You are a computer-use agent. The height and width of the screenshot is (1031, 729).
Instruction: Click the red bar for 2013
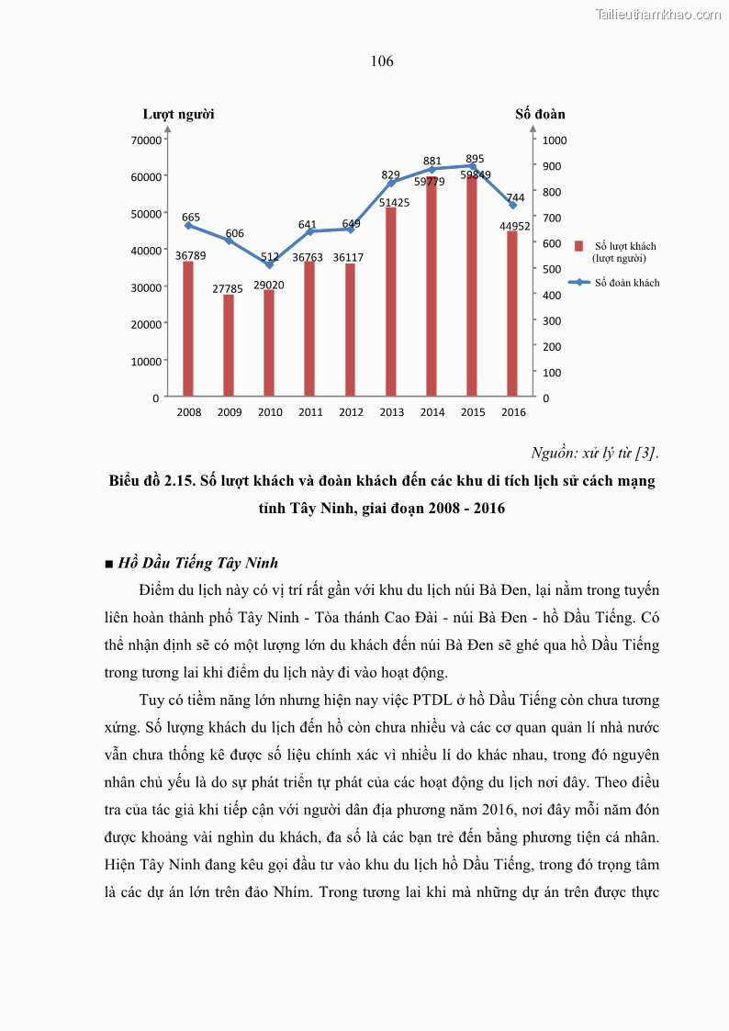[391, 303]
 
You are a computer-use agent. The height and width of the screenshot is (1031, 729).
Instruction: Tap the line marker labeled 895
[473, 166]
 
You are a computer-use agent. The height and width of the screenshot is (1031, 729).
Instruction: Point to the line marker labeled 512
[269, 264]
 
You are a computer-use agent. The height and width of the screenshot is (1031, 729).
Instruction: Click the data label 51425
[395, 202]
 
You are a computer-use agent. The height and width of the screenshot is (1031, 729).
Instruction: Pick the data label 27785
[228, 288]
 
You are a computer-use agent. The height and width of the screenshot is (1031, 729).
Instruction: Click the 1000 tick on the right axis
[555, 140]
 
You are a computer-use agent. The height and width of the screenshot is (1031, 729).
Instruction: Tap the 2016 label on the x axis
[513, 412]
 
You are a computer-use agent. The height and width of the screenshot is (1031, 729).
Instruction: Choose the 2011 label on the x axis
[310, 412]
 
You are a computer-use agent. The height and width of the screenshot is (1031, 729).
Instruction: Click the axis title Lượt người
[178, 114]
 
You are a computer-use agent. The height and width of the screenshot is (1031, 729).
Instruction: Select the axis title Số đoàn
[540, 114]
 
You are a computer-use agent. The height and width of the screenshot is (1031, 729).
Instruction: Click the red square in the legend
[579, 246]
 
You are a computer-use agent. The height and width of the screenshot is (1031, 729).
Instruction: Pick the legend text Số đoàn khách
[627, 283]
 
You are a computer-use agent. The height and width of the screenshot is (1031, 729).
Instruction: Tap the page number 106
[382, 62]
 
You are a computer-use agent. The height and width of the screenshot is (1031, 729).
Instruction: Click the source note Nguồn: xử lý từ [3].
[595, 453]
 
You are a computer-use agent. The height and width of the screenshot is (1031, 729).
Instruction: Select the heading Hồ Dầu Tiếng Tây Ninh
[198, 563]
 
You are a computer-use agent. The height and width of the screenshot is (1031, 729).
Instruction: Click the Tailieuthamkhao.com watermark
[658, 14]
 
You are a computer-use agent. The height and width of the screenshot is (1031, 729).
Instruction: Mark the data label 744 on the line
[515, 197]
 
